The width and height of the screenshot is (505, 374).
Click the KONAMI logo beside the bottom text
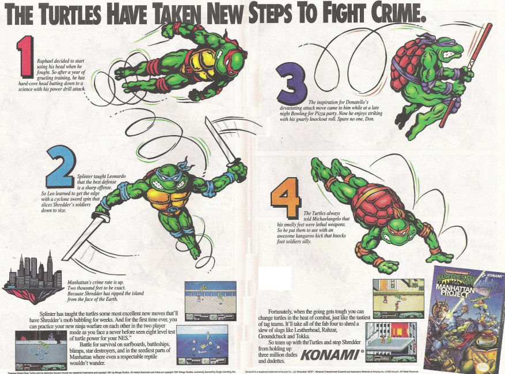(332, 353)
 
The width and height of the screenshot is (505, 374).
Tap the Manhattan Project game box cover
(464, 319)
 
